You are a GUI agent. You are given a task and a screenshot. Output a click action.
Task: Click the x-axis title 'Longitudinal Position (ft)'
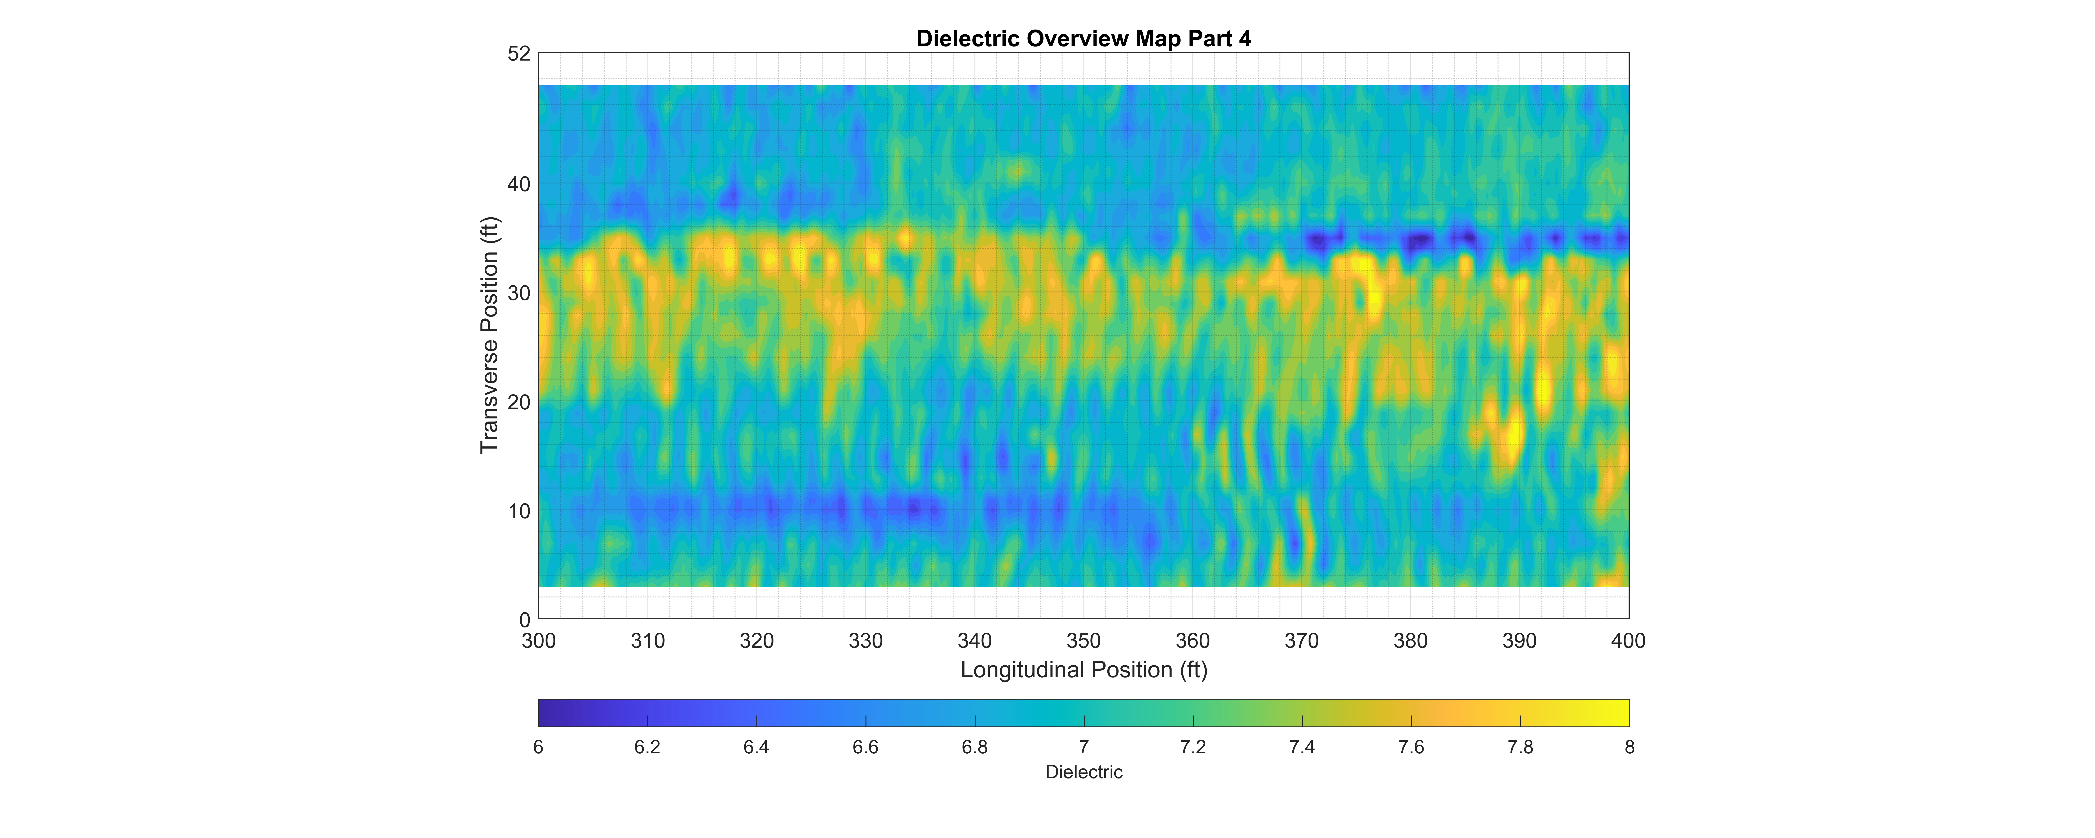pyautogui.click(x=1083, y=670)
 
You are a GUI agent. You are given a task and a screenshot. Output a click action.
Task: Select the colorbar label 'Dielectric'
pyautogui.click(x=1083, y=772)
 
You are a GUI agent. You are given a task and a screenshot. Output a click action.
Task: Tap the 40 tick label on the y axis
pyautogui.click(x=519, y=185)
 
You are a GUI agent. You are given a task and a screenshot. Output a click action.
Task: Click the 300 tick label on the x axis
pyautogui.click(x=538, y=641)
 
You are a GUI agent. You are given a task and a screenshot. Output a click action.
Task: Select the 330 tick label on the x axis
pyautogui.click(x=865, y=641)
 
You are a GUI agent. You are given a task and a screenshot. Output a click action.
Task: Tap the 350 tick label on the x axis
pyautogui.click(x=1083, y=641)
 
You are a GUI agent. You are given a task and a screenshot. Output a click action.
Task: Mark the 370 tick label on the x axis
pyautogui.click(x=1301, y=641)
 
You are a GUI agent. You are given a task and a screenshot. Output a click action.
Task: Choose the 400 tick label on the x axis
pyautogui.click(x=1628, y=641)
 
